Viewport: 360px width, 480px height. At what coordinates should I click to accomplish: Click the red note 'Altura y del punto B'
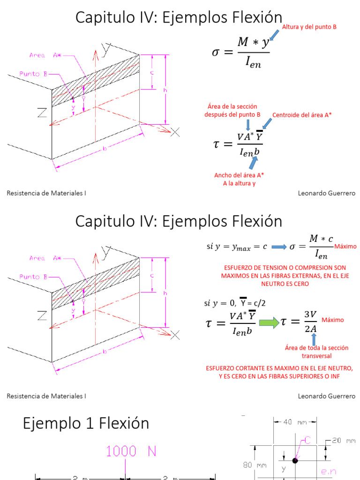tap(309, 27)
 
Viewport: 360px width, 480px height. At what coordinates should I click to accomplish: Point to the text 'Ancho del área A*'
tap(239, 175)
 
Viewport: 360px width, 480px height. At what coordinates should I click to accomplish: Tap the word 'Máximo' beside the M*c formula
tap(345, 247)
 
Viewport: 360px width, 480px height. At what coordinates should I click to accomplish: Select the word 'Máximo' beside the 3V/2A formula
tap(332, 320)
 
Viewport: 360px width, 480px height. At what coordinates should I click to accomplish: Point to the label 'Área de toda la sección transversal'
tap(310, 352)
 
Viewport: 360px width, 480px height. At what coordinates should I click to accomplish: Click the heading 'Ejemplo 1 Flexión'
tap(86, 423)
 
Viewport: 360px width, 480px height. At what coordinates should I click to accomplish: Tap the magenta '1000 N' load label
tap(131, 451)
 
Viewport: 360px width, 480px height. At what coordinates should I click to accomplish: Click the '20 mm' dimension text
tap(345, 441)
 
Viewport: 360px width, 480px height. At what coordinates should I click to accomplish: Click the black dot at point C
tap(295, 460)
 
